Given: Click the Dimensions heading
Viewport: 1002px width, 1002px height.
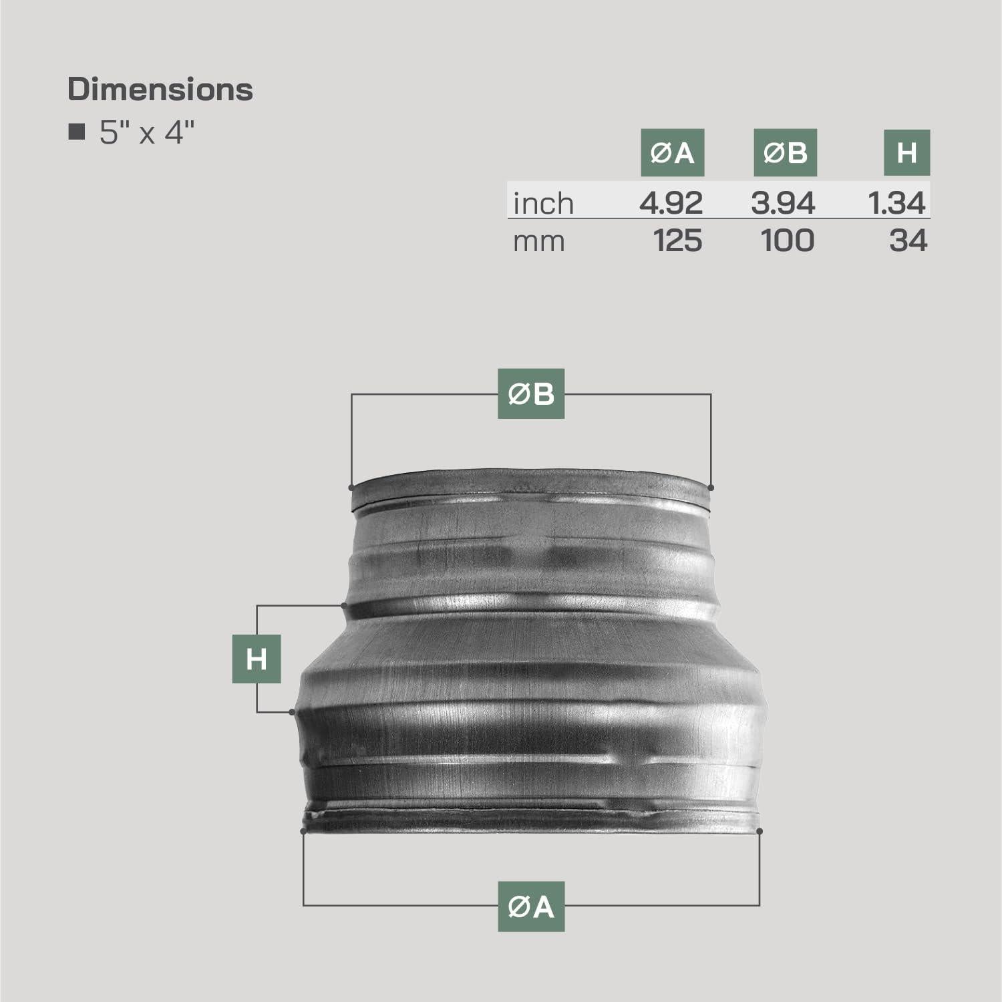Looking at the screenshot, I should [x=160, y=90].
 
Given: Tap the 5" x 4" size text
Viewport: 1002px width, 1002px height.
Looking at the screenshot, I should [x=147, y=133].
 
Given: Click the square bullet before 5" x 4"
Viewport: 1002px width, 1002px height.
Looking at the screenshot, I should [x=77, y=132].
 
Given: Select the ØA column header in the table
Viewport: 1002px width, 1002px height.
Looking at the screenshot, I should [x=672, y=153].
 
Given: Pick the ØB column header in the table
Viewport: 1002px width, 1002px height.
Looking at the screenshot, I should [x=785, y=153].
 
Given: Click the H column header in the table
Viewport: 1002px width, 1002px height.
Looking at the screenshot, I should [x=906, y=153].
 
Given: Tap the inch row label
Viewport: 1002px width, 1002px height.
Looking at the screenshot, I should [x=543, y=203].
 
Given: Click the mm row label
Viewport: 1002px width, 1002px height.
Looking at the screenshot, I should [x=538, y=241].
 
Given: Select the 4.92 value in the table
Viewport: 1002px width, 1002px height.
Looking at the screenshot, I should [x=671, y=203].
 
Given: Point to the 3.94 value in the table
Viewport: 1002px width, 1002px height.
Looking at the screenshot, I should [x=783, y=203].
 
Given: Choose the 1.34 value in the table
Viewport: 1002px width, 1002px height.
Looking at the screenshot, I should [x=897, y=203].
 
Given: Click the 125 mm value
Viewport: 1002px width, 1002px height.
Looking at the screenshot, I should [x=677, y=240].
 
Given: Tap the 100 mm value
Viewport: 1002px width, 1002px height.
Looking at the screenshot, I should [x=788, y=240].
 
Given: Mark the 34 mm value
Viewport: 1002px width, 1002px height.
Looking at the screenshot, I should [x=908, y=240].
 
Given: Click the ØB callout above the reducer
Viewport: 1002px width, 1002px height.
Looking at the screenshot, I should [x=531, y=394].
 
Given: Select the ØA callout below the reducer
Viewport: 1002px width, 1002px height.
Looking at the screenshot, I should [x=531, y=906].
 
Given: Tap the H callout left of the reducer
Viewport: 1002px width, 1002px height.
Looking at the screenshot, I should [x=257, y=659].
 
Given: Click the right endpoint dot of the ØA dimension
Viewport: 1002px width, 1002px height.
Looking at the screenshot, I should [x=760, y=831].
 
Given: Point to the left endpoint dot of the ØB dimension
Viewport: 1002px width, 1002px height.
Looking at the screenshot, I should [x=351, y=488].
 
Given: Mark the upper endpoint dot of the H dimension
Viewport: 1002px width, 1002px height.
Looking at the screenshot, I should [x=343, y=606].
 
